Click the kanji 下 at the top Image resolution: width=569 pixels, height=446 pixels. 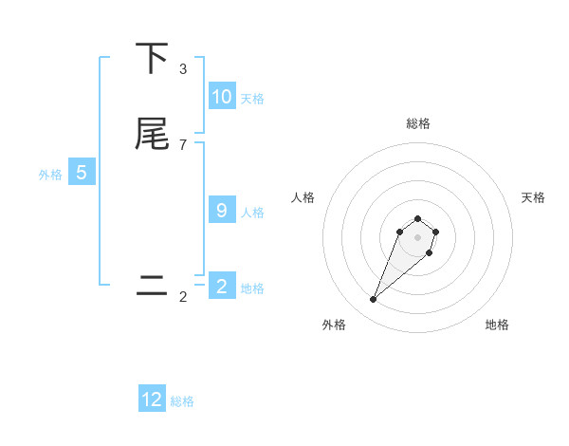tap(153, 59)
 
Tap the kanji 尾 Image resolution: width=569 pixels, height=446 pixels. tap(153, 134)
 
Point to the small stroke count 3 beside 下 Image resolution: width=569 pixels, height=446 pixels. tap(183, 69)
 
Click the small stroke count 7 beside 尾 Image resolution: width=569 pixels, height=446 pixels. tap(183, 144)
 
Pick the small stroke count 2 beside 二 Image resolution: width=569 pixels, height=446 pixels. tap(183, 297)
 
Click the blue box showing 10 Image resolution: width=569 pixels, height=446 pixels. tap(222, 97)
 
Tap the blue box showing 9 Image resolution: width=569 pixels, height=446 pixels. tap(222, 211)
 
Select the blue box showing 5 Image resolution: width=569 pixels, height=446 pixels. tap(82, 173)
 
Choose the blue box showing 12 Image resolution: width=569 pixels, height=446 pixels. tap(152, 400)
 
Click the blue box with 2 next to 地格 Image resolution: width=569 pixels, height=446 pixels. tap(222, 287)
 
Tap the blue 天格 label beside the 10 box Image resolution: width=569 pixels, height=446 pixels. tap(252, 99)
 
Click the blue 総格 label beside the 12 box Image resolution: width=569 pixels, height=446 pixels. tap(182, 401)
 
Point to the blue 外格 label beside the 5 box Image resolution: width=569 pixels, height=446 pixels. tap(50, 175)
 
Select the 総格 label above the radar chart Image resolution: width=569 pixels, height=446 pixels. tap(418, 123)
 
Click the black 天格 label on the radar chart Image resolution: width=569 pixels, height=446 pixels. tap(533, 197)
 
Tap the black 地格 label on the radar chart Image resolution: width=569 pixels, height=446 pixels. tap(497, 325)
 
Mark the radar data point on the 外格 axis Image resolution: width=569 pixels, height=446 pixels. tap(373, 300)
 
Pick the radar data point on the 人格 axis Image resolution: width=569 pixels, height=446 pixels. tap(401, 231)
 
